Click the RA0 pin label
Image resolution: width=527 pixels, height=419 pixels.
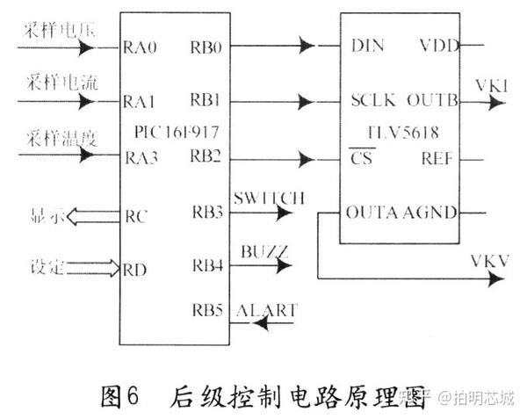click(140, 46)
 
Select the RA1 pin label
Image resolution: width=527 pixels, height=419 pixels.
click(140, 102)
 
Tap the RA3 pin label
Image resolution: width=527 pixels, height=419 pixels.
click(140, 158)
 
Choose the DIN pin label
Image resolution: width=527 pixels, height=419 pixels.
click(366, 44)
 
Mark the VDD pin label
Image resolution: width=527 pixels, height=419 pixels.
click(438, 44)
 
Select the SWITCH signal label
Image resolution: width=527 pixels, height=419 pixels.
click(270, 199)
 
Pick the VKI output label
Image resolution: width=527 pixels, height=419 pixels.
click(488, 86)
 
